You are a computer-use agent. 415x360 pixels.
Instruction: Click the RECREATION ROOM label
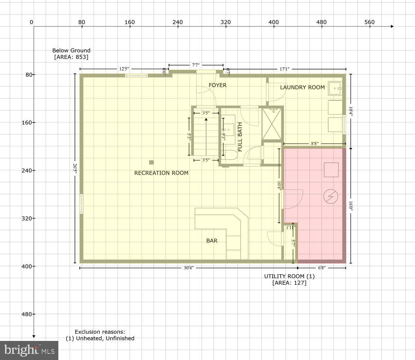161,173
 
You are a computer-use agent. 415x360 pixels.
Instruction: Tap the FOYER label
218,85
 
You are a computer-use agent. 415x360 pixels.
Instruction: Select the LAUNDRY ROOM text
302,87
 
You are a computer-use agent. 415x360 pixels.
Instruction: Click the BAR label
212,240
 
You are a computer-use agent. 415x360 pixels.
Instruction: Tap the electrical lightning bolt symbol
331,196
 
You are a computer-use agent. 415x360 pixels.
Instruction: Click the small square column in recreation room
151,162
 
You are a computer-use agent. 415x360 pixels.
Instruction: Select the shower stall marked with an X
272,123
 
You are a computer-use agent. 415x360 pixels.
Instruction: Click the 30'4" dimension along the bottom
188,268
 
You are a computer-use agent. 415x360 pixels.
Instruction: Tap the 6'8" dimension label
322,268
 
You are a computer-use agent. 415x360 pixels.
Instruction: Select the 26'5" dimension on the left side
75,168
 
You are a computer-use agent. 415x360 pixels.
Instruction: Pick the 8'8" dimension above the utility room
314,143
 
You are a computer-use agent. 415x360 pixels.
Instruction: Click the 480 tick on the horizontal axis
321,22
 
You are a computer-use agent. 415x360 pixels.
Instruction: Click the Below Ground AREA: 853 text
71,54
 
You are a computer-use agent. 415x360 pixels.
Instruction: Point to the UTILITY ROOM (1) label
289,279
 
